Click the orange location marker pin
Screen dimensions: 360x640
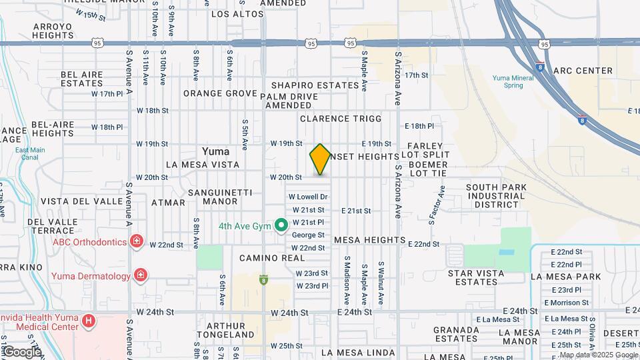(320, 159)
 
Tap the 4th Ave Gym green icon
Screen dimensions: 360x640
(281, 226)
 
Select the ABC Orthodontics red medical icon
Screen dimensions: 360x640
(137, 241)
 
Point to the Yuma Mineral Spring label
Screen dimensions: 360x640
(513, 81)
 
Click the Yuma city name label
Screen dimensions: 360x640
(216, 151)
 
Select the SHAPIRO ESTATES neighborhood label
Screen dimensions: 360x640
(315, 85)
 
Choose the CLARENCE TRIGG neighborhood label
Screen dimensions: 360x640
(341, 119)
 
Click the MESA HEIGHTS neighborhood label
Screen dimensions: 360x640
(369, 239)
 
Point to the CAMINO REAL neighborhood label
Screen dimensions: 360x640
(263, 257)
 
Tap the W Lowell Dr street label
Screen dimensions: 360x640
(309, 197)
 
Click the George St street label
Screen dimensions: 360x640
(308, 235)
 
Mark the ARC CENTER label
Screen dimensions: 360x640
(583, 71)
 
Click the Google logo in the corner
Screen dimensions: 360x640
(21, 351)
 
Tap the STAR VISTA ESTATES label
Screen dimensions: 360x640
(473, 277)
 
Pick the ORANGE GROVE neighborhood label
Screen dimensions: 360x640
(221, 93)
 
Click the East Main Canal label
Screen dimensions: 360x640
(30, 154)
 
